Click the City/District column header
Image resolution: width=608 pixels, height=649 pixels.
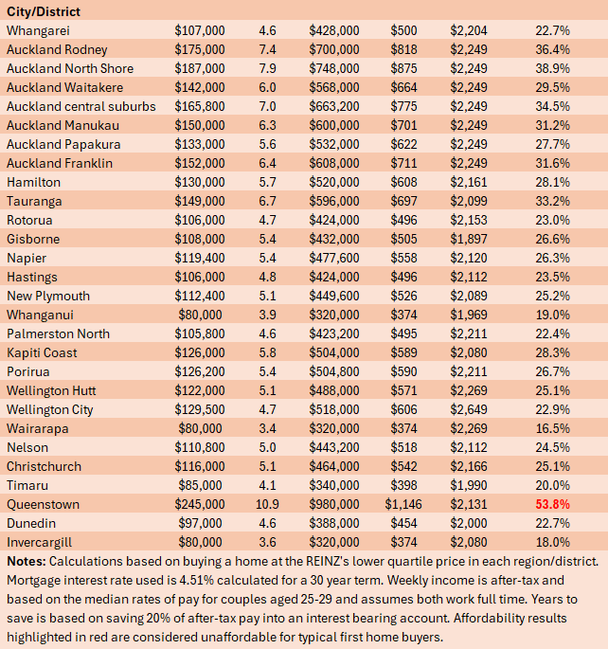click(x=43, y=11)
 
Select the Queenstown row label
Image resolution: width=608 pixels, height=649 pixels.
click(x=43, y=504)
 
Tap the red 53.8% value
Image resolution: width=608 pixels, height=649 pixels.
click(x=552, y=504)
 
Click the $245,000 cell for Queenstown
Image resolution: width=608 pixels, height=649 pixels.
click(x=200, y=504)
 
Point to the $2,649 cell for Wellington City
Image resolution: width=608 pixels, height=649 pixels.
click(x=469, y=409)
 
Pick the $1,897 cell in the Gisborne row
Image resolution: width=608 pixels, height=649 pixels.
click(x=469, y=239)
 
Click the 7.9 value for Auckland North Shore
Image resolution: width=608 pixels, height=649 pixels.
click(x=267, y=68)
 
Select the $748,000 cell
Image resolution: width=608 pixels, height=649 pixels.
click(x=334, y=68)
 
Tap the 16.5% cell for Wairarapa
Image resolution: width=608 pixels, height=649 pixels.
click(x=552, y=428)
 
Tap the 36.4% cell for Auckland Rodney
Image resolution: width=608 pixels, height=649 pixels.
click(x=552, y=49)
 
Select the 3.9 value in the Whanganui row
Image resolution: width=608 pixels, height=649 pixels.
click(x=267, y=315)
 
